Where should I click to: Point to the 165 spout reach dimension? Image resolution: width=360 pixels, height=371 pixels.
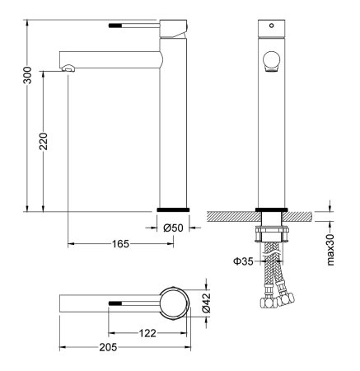click(120, 244)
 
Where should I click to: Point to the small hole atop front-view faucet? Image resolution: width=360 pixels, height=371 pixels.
click(272, 26)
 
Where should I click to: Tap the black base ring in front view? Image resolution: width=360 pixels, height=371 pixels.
click(272, 209)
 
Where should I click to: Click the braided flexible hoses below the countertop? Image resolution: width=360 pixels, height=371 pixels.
click(272, 276)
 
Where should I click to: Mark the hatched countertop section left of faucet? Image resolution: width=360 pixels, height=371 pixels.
click(231, 217)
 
